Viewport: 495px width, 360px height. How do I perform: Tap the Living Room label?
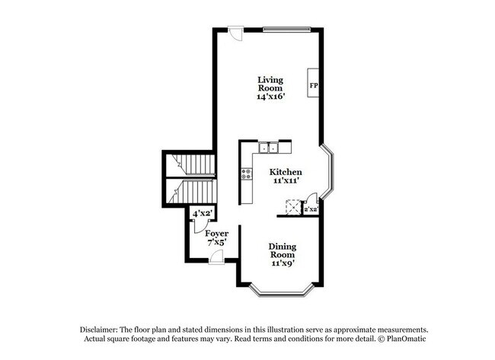[270, 84]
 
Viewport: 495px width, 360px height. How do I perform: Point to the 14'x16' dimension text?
[270, 97]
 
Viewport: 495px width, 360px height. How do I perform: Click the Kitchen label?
[286, 172]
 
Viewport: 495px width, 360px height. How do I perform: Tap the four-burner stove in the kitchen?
[247, 173]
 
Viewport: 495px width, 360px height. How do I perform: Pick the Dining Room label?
[282, 250]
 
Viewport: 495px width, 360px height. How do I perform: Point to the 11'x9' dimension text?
[282, 263]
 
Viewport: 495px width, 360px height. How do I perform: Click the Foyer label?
[217, 233]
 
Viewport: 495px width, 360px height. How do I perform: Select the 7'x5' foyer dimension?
[217, 242]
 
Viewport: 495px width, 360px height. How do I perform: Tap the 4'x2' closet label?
[201, 214]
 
